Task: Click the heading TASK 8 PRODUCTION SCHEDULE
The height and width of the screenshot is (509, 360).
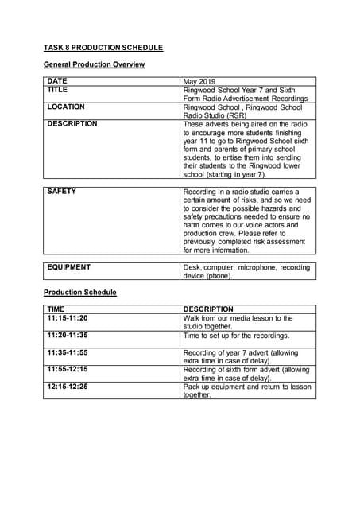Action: click(103, 48)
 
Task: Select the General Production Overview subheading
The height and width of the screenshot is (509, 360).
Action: click(94, 64)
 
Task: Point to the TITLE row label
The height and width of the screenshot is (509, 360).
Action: click(58, 90)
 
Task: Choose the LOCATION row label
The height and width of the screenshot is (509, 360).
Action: click(66, 107)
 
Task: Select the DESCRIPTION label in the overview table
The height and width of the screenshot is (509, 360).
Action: click(72, 124)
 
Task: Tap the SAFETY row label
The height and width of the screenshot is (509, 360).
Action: click(62, 192)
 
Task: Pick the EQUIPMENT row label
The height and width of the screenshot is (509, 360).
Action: click(69, 267)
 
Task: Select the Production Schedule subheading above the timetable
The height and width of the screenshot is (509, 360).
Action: click(79, 293)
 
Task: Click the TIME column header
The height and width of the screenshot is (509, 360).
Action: click(56, 309)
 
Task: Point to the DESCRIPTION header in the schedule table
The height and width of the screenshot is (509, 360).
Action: click(208, 309)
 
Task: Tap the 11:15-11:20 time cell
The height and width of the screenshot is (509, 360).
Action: click(68, 318)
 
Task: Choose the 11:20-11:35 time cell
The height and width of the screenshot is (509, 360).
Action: click(68, 335)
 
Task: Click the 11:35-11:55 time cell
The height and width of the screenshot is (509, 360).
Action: click(68, 352)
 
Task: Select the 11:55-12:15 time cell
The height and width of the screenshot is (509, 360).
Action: click(68, 369)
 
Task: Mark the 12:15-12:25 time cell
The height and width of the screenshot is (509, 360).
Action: click(68, 387)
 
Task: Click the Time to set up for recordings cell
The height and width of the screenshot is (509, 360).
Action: click(236, 336)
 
